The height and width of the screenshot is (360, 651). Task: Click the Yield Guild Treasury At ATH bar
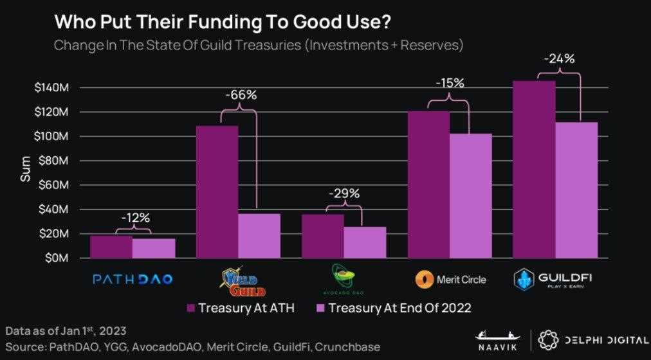[217, 192]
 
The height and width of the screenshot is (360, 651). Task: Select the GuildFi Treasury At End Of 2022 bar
[576, 190]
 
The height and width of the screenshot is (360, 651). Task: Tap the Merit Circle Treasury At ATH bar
[428, 184]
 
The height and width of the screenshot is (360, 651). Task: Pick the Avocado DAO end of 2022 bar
[365, 242]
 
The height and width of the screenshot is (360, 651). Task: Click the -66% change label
[241, 95]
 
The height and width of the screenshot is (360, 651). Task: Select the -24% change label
[558, 59]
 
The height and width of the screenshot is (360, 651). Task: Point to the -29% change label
[344, 194]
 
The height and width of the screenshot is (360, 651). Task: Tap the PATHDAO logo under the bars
[133, 280]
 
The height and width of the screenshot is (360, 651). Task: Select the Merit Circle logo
[450, 280]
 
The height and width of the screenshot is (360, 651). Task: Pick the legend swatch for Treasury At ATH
[190, 308]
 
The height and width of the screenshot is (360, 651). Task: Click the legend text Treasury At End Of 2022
[399, 308]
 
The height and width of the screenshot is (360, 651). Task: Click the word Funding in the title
[178, 22]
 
